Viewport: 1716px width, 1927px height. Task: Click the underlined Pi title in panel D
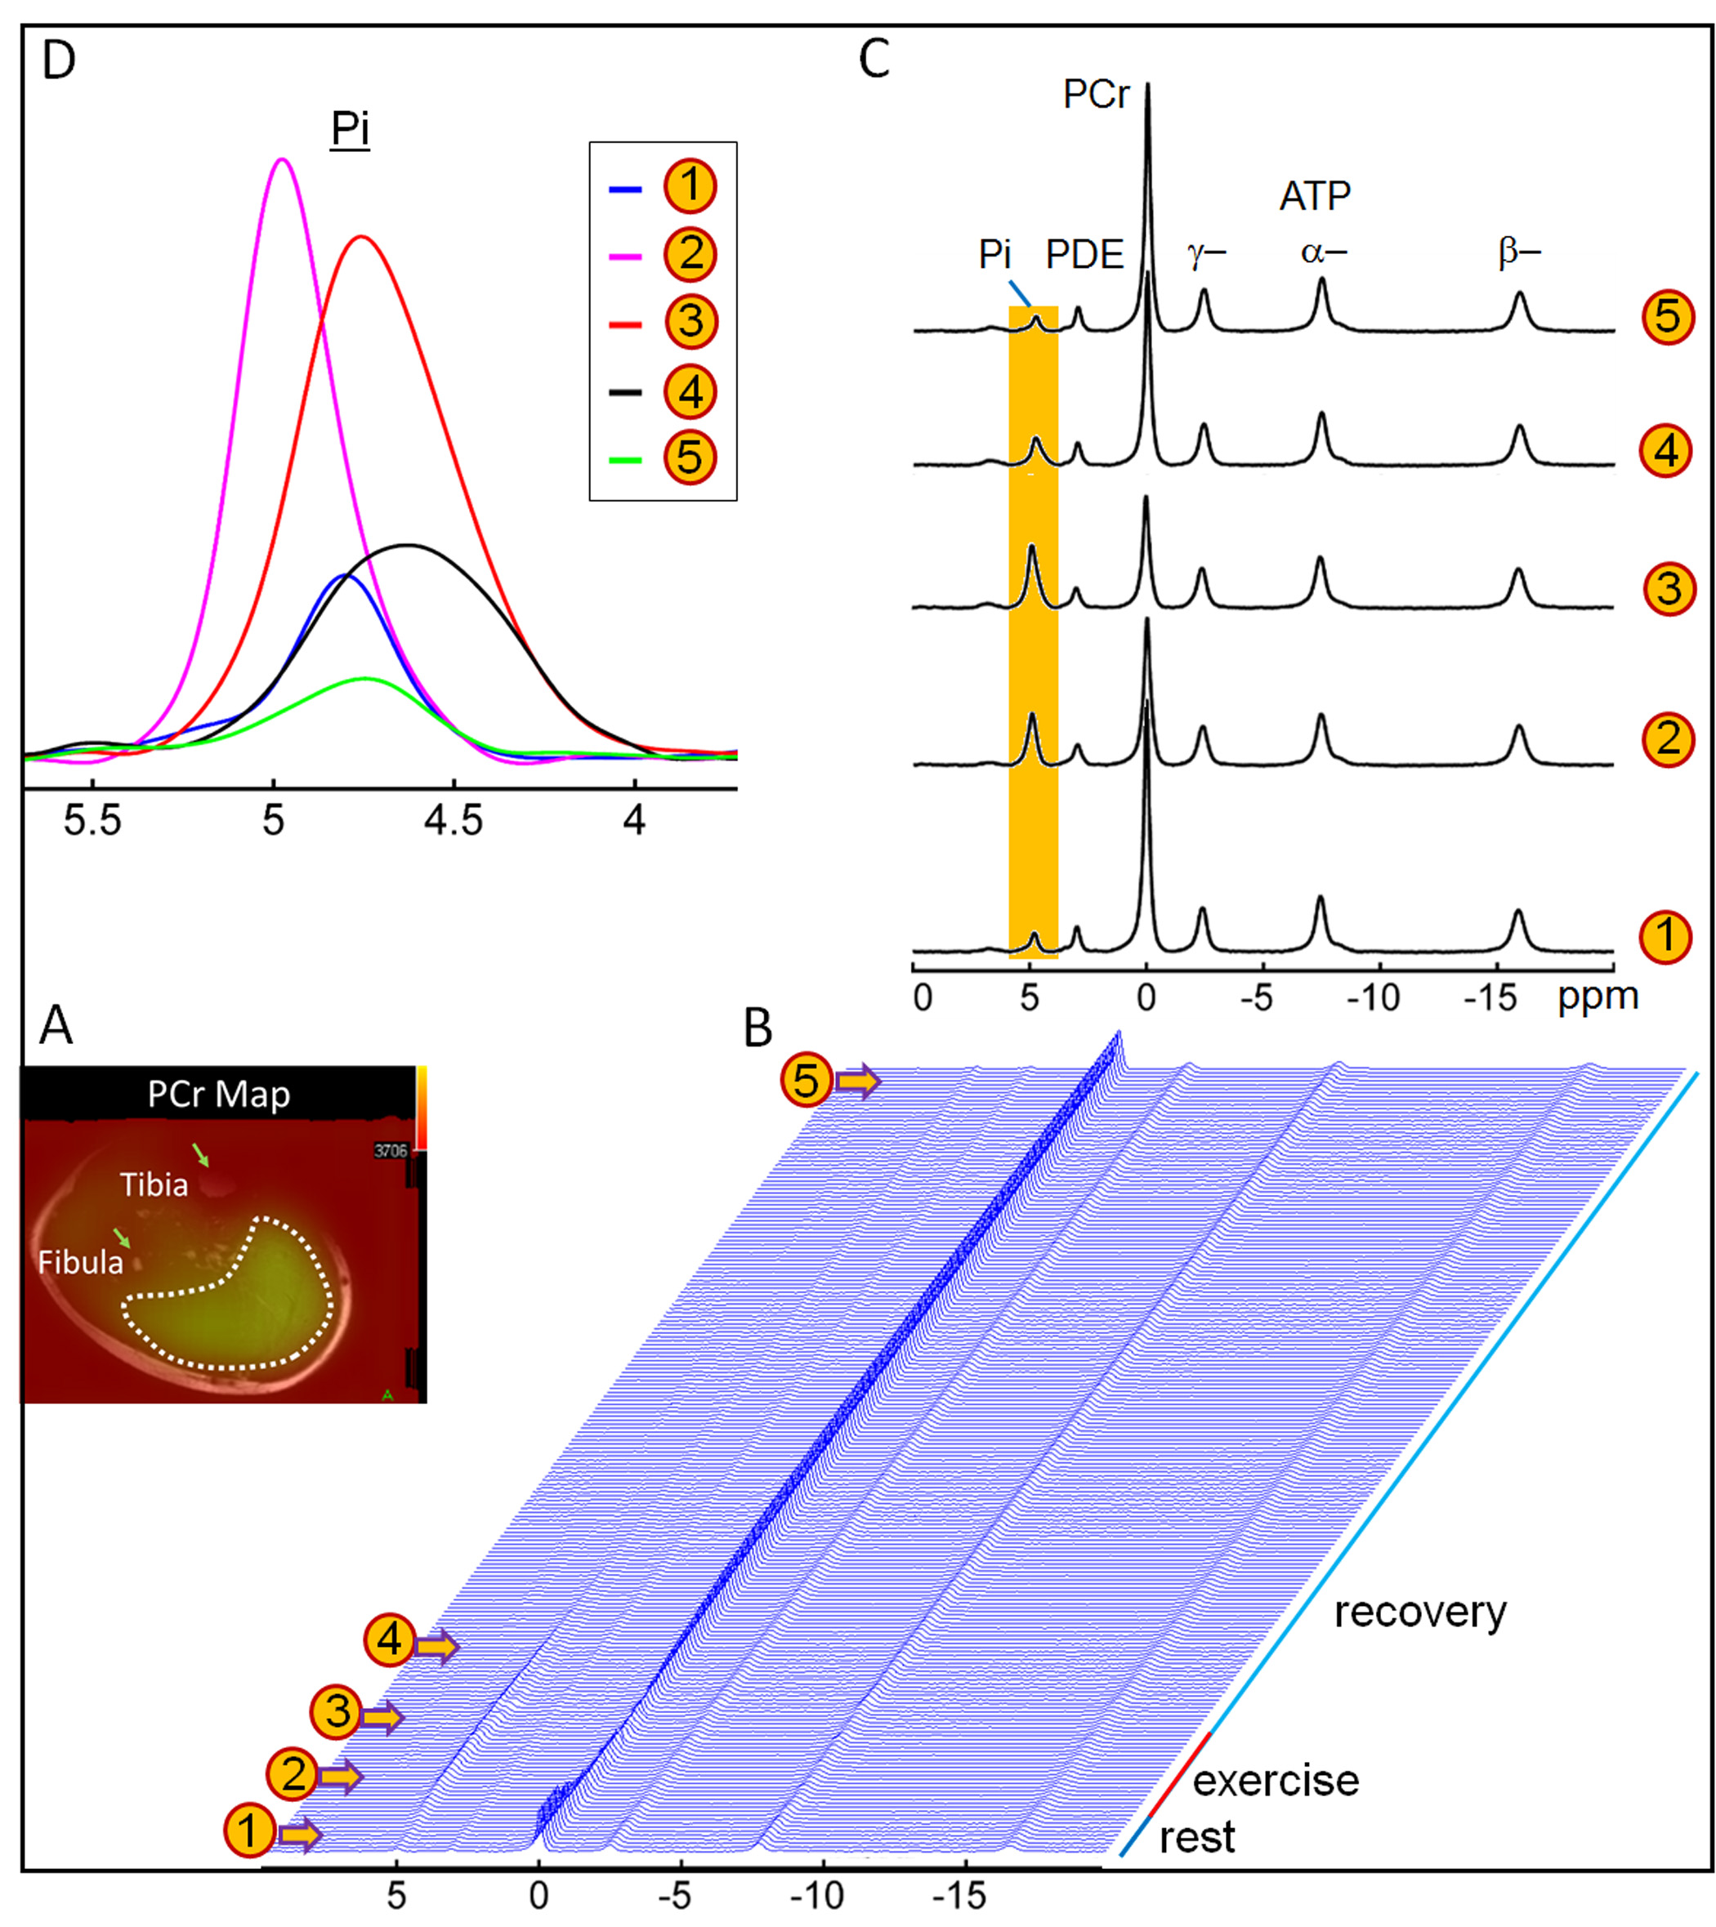coord(349,127)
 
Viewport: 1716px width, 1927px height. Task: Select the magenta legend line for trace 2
coord(625,256)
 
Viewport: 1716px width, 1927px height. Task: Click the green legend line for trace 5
coord(625,460)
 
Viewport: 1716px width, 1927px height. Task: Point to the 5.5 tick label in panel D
coord(92,821)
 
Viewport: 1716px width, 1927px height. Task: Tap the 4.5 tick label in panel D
coord(454,821)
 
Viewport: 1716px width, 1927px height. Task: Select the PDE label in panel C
coord(1085,256)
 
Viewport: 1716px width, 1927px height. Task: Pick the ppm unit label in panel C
coord(1598,997)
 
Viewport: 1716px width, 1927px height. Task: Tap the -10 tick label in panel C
coord(1373,997)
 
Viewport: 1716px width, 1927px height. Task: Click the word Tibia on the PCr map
coord(154,1185)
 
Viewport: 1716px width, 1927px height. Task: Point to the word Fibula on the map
coord(80,1262)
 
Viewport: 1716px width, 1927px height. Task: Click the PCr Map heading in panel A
coord(219,1095)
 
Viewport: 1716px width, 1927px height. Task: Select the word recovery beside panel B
coord(1420,1613)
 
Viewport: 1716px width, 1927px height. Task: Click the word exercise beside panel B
coord(1276,1781)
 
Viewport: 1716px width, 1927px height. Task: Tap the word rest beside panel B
coord(1196,1837)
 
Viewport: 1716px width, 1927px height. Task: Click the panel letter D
coord(59,60)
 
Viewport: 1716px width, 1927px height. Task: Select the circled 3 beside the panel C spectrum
coord(1669,588)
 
